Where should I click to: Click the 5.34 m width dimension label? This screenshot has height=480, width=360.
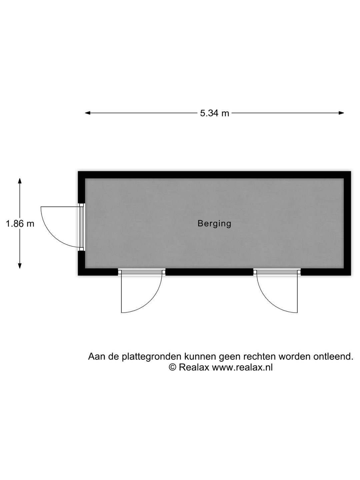(214, 113)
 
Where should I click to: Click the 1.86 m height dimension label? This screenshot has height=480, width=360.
(20, 224)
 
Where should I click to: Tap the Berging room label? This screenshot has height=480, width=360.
(214, 224)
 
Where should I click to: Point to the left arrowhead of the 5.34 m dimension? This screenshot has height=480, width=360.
(88, 113)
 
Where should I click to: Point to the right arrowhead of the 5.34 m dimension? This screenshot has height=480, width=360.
(341, 113)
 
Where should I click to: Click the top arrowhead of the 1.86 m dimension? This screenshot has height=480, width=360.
(20, 181)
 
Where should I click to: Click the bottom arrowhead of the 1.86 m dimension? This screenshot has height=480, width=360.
(20, 265)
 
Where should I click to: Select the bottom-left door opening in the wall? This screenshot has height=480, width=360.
(141, 272)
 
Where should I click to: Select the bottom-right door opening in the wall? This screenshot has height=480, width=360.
(277, 272)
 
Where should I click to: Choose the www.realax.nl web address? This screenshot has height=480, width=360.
(242, 367)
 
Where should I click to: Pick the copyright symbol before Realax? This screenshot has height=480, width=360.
(173, 367)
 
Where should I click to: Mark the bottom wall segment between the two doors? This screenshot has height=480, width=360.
(209, 272)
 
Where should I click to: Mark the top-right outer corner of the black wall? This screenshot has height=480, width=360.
(351, 171)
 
